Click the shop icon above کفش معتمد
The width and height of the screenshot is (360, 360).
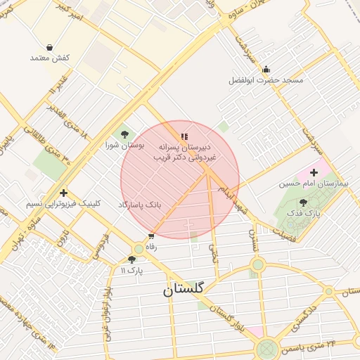click(50, 46)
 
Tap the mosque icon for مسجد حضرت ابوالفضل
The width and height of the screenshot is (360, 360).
click(266, 70)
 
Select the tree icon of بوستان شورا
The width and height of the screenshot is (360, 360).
click(124, 134)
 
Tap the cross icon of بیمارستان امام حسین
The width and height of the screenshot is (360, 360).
click(314, 172)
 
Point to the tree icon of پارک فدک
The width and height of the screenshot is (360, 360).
click(303, 202)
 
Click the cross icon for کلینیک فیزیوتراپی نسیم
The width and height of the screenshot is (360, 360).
click(64, 193)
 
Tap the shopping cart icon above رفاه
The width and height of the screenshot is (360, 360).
click(150, 236)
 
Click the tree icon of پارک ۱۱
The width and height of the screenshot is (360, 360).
click(131, 259)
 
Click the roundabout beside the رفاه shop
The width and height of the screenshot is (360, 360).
click(139, 249)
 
